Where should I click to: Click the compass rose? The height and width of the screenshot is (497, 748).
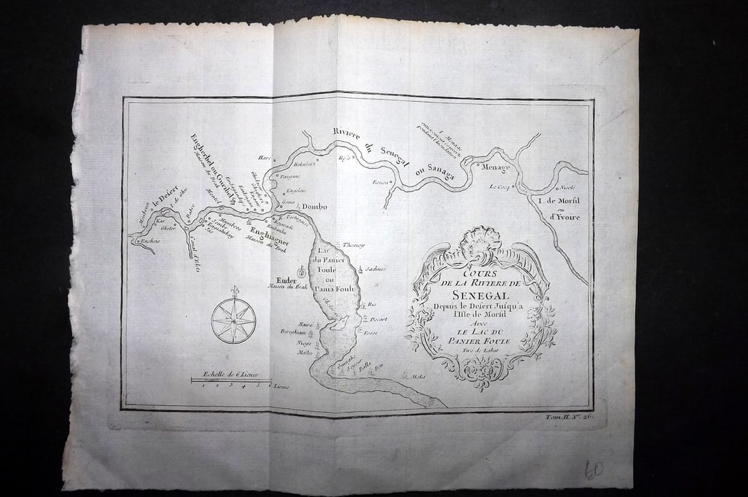click(x=233, y=320)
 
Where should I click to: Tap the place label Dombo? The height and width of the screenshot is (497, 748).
click(x=314, y=207)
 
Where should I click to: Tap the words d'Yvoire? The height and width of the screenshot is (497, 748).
click(x=562, y=218)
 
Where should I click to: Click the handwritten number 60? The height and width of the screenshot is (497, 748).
click(x=593, y=469)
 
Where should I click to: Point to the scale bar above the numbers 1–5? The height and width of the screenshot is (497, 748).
click(x=231, y=379)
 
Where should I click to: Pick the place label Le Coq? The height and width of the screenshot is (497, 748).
click(x=500, y=186)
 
